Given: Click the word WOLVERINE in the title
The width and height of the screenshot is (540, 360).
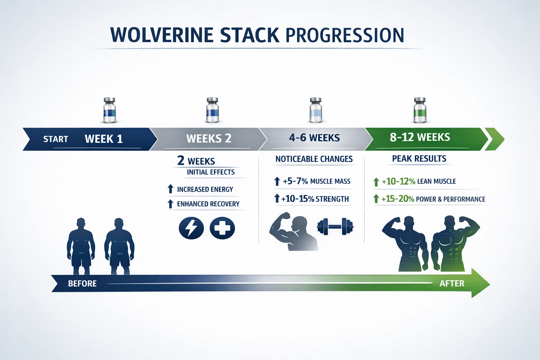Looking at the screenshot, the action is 162,35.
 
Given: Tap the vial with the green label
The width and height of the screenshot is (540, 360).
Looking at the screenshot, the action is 420,110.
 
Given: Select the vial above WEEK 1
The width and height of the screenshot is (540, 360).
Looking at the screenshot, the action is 109,110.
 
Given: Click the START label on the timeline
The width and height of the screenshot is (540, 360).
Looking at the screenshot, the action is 56,139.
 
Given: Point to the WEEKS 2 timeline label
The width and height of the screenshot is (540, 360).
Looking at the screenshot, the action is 209,139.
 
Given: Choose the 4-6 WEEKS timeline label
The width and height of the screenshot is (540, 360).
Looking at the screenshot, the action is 314,138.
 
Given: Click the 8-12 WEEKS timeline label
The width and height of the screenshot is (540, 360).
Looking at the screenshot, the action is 420,137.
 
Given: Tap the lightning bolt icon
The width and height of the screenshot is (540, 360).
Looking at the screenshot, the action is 191,228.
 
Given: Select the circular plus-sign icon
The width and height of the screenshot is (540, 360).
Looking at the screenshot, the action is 222,228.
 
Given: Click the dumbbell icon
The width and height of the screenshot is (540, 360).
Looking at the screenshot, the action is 335,226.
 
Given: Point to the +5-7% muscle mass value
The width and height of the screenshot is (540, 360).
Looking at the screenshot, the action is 295,181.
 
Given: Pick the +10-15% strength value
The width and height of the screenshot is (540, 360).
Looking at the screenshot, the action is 298,199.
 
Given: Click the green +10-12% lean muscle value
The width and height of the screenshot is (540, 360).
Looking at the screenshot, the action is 398,181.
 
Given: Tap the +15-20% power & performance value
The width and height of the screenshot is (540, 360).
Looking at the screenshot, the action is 398,199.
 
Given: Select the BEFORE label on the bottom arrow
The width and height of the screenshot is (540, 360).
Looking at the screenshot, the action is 82,284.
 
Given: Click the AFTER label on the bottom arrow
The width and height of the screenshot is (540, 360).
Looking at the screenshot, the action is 452,283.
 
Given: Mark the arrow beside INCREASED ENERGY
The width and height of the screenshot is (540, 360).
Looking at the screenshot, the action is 171,189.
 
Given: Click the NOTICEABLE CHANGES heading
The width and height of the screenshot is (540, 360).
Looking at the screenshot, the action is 314,159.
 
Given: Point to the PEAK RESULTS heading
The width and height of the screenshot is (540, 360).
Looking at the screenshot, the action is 419,159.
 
